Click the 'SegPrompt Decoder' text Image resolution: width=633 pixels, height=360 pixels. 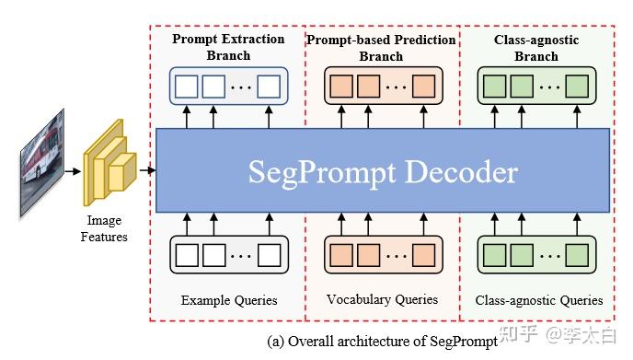(x=383, y=172)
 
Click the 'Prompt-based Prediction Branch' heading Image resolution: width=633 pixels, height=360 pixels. (x=381, y=48)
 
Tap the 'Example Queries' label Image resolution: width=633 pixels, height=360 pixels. (x=227, y=300)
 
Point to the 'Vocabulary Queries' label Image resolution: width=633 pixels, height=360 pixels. (x=382, y=300)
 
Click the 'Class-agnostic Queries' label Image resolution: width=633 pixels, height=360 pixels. (x=539, y=300)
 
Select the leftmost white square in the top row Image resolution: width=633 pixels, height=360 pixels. (x=187, y=87)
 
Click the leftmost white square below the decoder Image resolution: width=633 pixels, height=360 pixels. (x=187, y=254)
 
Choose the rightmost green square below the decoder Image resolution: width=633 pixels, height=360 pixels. (x=577, y=254)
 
